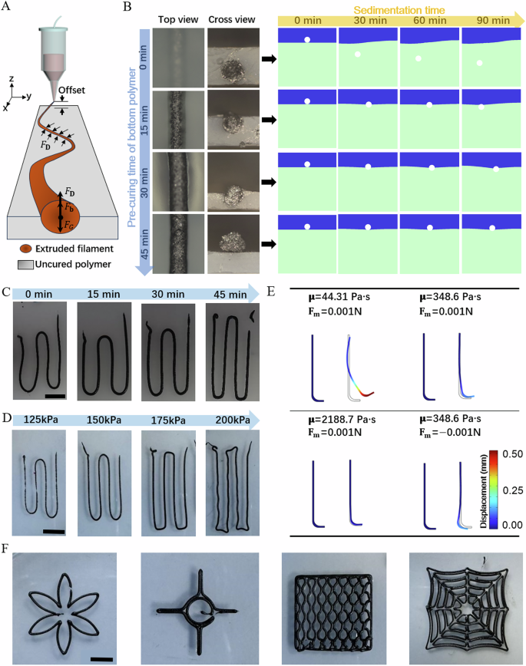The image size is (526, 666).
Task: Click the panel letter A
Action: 8,7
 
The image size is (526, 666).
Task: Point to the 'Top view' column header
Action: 178,20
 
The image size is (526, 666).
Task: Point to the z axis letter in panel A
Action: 12,77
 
